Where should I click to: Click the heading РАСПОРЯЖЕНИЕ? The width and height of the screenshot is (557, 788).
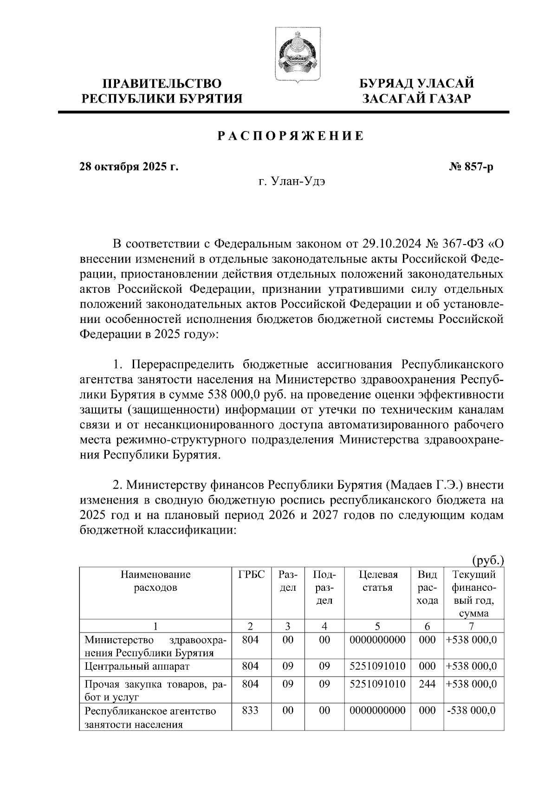291,136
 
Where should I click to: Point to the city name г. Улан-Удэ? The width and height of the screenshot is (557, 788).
292,181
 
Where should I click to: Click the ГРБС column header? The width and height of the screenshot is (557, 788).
251,575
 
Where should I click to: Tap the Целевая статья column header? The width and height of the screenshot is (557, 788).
378,581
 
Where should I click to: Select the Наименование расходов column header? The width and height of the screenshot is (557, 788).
155,581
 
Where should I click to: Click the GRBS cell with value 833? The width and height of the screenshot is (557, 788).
250,710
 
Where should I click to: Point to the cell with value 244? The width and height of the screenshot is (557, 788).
427,684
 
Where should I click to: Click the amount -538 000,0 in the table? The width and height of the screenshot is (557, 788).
471,710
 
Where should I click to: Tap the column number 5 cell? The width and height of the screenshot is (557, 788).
378,627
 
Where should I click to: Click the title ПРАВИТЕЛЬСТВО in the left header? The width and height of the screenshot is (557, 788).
162,84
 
